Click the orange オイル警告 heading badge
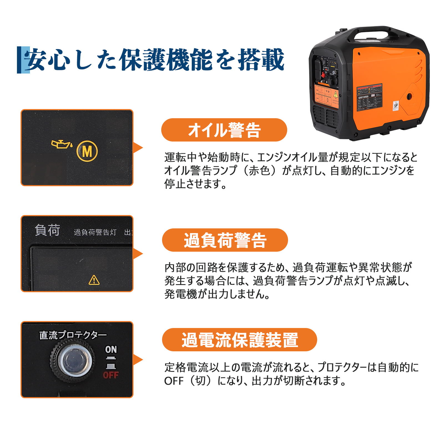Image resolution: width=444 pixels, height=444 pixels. (x=224, y=130)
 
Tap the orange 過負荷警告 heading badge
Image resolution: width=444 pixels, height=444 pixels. (x=225, y=240)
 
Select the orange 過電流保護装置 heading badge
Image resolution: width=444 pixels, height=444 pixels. (x=239, y=340)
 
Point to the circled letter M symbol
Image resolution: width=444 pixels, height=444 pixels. (x=87, y=151)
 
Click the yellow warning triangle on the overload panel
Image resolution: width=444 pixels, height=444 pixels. (x=94, y=280)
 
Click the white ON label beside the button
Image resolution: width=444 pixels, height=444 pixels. (x=111, y=349)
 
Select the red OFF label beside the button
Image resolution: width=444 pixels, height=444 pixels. (x=111, y=375)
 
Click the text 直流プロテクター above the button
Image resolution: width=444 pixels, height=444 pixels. (x=73, y=335)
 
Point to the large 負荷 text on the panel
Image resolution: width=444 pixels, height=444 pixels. (x=47, y=230)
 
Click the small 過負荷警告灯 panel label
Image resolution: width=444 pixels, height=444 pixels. (x=95, y=232)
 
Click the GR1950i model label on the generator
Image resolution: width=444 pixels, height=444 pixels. (x=363, y=97)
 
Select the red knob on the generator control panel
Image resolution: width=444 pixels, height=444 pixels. (x=323, y=75)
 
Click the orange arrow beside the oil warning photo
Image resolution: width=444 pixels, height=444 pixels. (x=138, y=148)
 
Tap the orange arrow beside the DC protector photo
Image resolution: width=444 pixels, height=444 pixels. (x=138, y=360)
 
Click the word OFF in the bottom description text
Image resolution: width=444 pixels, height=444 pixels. (x=174, y=381)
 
